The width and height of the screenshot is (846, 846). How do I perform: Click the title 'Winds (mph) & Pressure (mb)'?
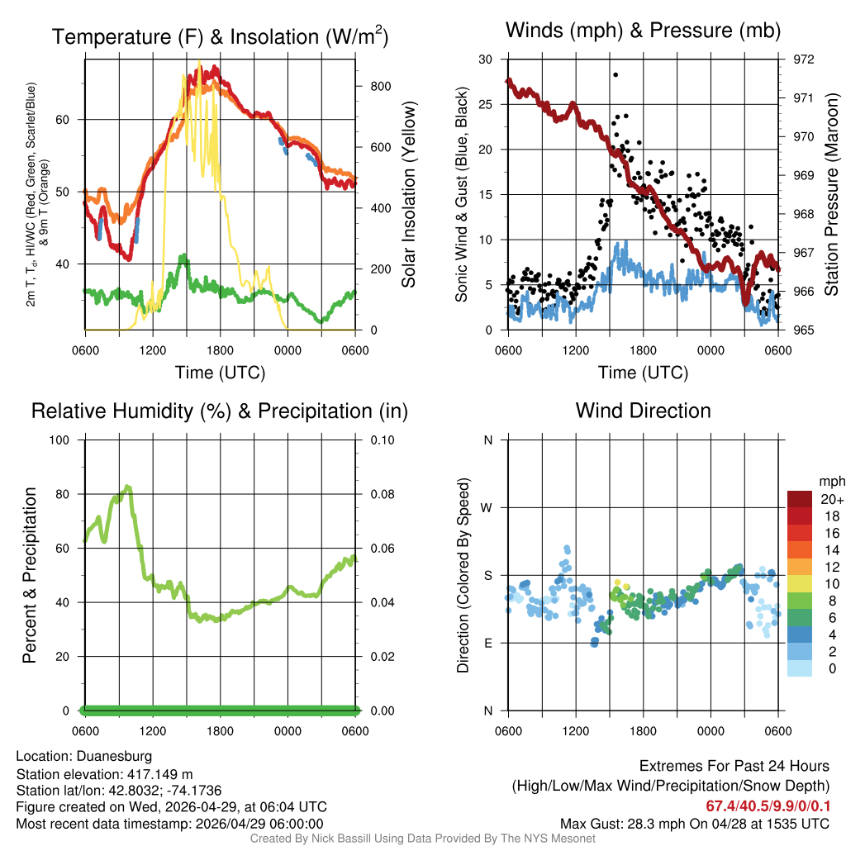point(643,31)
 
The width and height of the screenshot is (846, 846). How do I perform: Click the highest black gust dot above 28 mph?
point(615,74)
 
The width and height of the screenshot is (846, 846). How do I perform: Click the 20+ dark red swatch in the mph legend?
point(801,499)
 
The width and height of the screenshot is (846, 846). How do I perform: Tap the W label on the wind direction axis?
point(487,507)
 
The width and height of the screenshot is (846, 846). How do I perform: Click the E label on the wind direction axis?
point(488,643)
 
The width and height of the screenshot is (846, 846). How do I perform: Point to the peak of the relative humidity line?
point(127,487)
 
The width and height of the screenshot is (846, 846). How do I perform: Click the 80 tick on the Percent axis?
point(69,494)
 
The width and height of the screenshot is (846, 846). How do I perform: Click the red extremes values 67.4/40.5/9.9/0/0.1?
point(768,806)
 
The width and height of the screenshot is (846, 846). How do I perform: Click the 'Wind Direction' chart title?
point(643,411)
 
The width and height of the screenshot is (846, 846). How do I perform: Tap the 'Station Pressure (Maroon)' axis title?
point(832,195)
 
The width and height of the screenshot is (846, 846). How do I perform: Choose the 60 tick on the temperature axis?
point(70,119)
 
